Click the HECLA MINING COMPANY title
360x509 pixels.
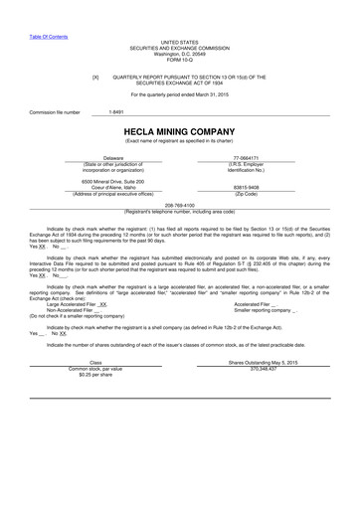[179, 130]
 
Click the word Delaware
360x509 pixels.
[112, 157]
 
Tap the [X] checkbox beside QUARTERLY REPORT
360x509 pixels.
[94, 76]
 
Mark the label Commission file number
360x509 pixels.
[55, 113]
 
